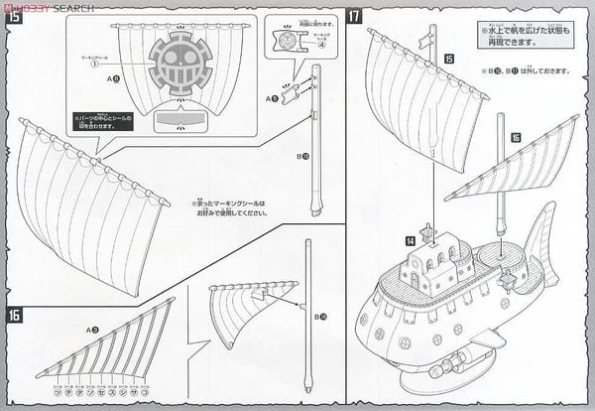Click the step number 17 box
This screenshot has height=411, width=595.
click(354, 16)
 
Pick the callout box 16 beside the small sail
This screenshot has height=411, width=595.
click(516, 138)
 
